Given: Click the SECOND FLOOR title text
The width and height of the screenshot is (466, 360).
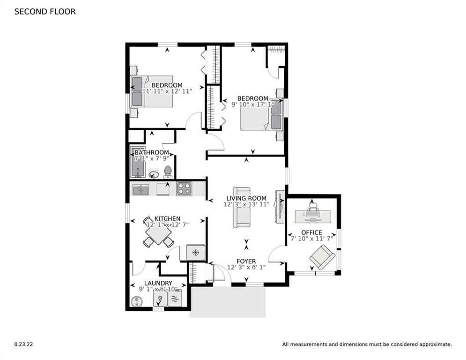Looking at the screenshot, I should tap(45, 12).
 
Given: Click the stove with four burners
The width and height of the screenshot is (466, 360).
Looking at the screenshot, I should tap(184, 189).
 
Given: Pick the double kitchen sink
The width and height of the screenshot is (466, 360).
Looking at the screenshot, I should tap(141, 189).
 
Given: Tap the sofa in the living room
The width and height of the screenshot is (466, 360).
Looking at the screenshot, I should tap(242, 207).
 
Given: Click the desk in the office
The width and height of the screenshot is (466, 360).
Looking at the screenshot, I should tap(313, 216).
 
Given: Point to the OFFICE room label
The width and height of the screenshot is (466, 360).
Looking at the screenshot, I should tap(311, 232).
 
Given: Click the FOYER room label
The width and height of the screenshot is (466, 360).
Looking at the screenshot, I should tap(246, 261).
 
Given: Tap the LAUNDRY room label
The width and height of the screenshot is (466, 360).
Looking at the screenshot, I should tap(158, 283).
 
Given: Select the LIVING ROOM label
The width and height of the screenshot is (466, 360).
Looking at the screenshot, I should tap(246, 198).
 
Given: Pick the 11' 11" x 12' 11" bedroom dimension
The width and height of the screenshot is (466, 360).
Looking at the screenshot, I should tap(167, 91).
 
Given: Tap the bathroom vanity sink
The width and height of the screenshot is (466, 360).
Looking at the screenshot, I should tap(154, 175).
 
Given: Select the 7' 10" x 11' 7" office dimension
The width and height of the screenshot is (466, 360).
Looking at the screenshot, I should tap(311, 239).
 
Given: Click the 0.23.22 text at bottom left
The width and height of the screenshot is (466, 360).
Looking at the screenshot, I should tap(23, 344).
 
